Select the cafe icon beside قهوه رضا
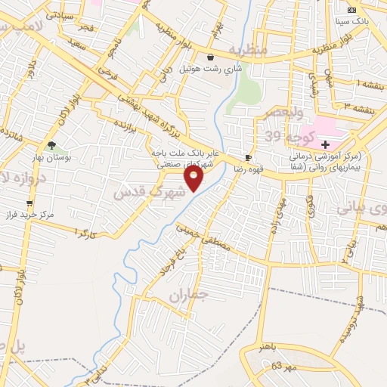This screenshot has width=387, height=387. [248, 158]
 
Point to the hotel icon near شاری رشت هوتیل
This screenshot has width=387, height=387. [210, 57]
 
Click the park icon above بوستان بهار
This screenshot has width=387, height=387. [51, 145]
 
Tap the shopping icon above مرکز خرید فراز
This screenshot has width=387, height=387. [29, 203]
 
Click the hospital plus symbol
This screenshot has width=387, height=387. [326, 144]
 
